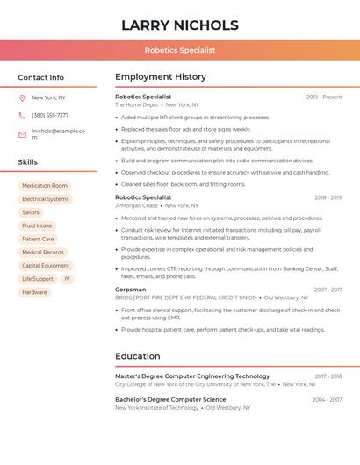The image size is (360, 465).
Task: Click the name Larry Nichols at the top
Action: [179, 25]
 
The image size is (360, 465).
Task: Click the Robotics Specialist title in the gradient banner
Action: [179, 50]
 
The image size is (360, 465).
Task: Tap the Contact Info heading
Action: [40, 77]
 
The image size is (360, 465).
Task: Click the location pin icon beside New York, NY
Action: [22, 97]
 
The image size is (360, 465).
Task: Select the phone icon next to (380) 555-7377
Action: [22, 115]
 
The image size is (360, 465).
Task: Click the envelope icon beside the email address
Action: [22, 134]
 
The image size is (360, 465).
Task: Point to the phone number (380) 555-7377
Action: [50, 115]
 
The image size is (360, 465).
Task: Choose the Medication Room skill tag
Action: [45, 186]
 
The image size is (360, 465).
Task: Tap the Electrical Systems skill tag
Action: [46, 199]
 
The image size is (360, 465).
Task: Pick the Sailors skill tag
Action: [31, 212]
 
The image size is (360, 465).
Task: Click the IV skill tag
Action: [67, 279]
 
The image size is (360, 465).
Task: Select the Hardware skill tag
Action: [35, 292]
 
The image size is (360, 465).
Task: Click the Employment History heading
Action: [161, 77]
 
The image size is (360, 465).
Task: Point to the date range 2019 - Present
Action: [324, 97]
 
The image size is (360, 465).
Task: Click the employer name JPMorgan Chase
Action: [135, 205]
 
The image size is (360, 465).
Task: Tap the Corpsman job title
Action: [131, 289]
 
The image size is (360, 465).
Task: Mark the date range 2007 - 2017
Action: [328, 290]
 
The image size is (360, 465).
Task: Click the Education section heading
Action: [138, 356]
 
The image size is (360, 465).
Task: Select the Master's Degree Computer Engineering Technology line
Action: [192, 376]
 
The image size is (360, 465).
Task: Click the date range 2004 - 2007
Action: [327, 399]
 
